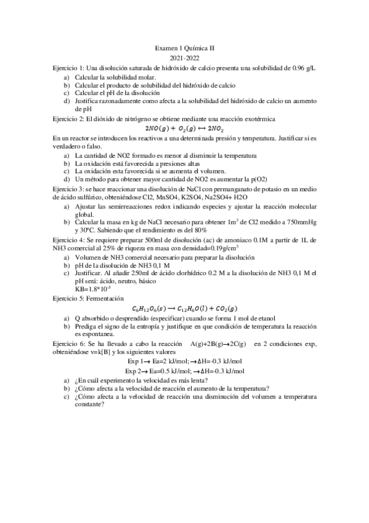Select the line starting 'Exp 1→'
[184, 361]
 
